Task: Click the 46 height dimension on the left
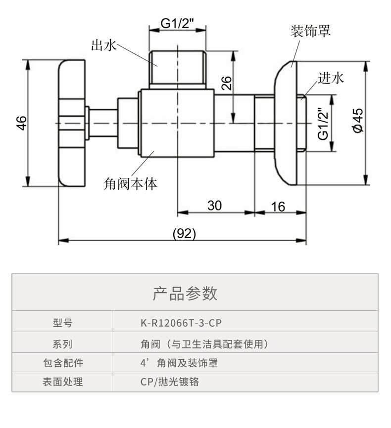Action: (x=21, y=123)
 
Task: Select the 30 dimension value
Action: (x=214, y=205)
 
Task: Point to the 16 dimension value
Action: (x=279, y=206)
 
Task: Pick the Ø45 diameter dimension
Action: (x=357, y=120)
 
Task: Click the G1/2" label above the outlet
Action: (x=177, y=23)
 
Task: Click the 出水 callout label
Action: (x=103, y=46)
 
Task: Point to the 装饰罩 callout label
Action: (x=310, y=31)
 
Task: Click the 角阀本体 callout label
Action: (x=131, y=184)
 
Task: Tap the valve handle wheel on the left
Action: (x=72, y=123)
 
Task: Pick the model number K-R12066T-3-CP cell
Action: (x=181, y=323)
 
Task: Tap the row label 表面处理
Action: (x=62, y=382)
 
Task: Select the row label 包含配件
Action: (x=62, y=363)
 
